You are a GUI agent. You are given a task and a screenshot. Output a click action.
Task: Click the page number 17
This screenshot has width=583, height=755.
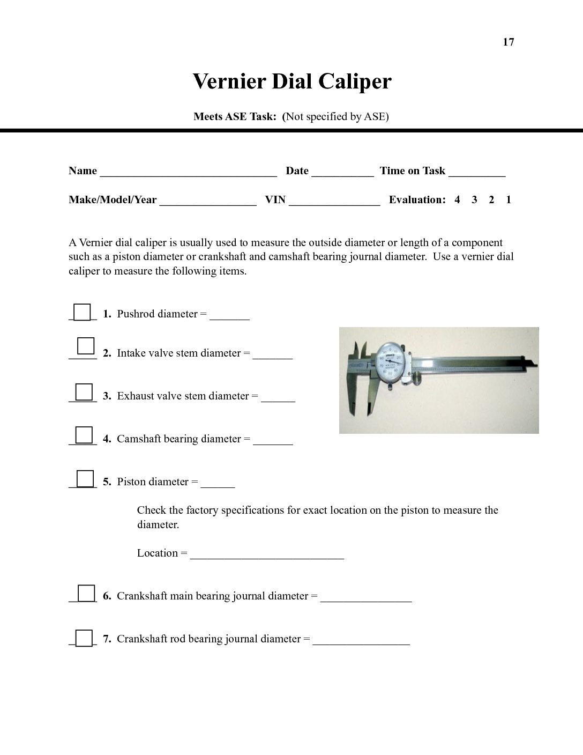(509, 42)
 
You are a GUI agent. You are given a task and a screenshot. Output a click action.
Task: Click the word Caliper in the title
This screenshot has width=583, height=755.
(355, 82)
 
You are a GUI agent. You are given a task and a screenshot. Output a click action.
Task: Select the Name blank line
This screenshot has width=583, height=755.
(188, 173)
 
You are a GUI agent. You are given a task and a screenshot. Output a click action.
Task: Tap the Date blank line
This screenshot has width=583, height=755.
(342, 173)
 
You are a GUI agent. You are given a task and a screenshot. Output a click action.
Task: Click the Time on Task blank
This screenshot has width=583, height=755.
(477, 173)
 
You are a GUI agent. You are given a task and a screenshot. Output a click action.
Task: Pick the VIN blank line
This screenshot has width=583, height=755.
(334, 202)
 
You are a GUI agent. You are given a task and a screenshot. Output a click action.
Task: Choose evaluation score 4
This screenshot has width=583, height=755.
(457, 200)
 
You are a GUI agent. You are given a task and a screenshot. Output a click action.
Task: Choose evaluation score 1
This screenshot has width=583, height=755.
(509, 200)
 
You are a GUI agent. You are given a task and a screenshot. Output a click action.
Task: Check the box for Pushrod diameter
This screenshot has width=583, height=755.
(82, 312)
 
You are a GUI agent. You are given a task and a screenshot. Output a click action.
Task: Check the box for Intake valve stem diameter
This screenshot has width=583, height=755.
(86, 346)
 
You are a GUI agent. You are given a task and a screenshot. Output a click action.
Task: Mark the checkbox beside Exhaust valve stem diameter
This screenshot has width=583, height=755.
(84, 392)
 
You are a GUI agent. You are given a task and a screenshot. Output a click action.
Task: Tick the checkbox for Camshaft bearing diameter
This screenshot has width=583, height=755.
(84, 435)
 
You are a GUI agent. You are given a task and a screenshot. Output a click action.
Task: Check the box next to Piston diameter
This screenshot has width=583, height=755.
(85, 478)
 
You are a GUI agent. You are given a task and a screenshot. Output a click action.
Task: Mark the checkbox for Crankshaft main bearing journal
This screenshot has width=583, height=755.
(86, 593)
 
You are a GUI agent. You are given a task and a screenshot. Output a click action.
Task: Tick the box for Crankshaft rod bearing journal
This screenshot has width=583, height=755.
(84, 638)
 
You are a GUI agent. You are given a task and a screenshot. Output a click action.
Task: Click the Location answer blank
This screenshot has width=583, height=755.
(267, 556)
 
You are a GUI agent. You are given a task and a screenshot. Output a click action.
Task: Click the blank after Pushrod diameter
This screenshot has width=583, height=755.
(229, 316)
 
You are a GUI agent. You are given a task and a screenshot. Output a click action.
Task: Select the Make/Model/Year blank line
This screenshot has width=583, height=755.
(208, 202)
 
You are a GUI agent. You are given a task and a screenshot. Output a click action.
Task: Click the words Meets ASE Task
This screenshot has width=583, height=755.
(235, 117)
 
